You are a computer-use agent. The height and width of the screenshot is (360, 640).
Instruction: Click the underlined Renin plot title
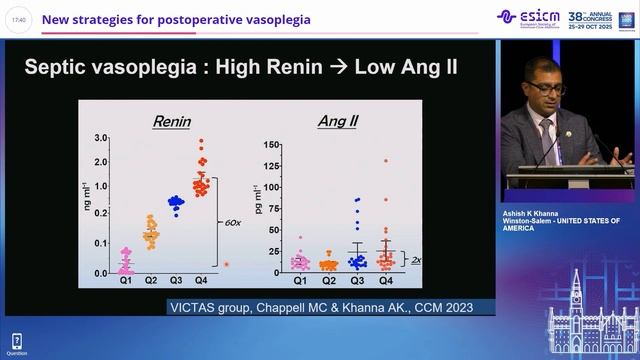coord(172,122)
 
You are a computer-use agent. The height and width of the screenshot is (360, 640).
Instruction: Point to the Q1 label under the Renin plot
coord(125,281)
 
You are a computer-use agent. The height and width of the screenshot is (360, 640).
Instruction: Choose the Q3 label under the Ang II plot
coord(357,281)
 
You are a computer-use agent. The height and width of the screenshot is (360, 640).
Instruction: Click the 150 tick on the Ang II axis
coord(269,145)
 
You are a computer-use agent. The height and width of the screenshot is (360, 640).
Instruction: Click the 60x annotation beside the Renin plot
coord(229,224)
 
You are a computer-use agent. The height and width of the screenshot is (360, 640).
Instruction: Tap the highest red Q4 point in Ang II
coord(385,160)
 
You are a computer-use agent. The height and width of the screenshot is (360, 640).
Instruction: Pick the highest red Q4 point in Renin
coord(201,141)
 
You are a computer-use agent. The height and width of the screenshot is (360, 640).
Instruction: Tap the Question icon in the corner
coord(16,342)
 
